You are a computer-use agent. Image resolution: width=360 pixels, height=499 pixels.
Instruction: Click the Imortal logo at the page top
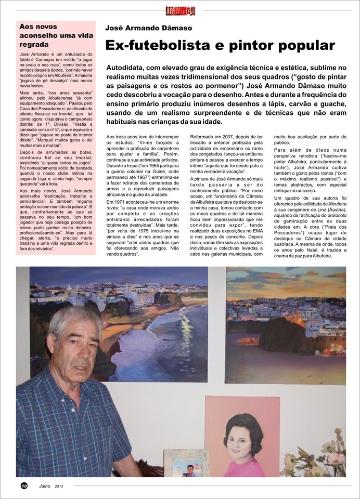(180, 10)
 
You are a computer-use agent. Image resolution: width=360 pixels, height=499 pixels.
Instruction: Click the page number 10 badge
(24, 485)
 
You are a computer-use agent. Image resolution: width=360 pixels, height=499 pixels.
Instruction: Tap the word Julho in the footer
(45, 485)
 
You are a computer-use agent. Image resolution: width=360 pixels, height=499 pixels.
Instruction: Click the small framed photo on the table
(186, 464)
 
